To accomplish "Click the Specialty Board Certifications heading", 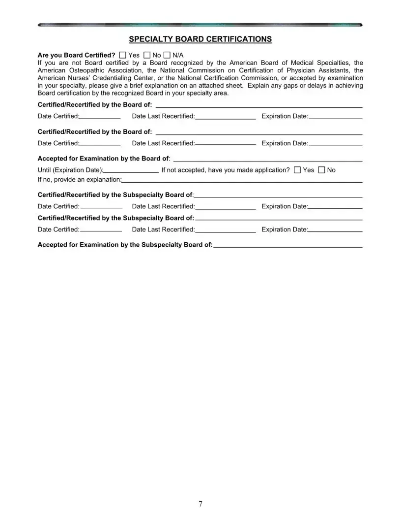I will coord(200,39).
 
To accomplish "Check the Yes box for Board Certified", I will coord(123,55).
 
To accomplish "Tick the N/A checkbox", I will coord(167,55).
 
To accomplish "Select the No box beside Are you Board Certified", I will coord(147,55).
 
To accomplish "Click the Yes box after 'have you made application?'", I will coord(297,170).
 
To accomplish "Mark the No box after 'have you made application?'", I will coord(322,170).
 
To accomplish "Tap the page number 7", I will coord(200,504).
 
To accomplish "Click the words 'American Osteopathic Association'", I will coord(83,70).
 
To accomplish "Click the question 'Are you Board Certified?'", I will coord(76,55).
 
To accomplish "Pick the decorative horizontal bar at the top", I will coord(200,24).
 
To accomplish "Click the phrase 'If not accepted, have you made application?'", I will coord(225,170).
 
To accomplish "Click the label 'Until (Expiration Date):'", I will coord(70,170).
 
